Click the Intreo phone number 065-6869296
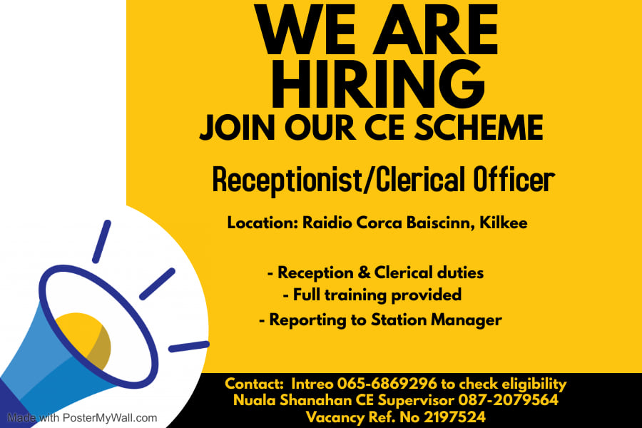point(387,384)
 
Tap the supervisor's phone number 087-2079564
point(508,400)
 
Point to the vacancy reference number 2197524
point(454,417)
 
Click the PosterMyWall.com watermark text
point(110,418)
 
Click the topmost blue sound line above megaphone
point(101,242)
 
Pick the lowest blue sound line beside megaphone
point(189,347)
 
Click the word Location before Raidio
point(263,223)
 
